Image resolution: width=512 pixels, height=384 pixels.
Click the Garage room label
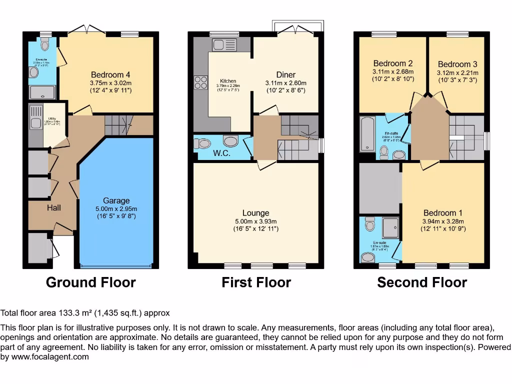click(116, 200)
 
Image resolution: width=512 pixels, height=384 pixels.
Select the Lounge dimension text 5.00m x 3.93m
click(255, 221)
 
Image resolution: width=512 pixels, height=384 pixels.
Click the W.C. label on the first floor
click(221, 153)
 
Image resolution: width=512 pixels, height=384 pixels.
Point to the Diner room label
click(285, 75)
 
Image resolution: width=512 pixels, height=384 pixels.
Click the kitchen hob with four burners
click(201, 82)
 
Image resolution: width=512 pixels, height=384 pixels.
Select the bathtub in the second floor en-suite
click(367, 133)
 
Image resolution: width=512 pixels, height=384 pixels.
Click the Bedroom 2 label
click(392, 63)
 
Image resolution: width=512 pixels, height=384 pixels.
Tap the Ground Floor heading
click(90, 282)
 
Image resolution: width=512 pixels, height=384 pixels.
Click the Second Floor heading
click(421, 282)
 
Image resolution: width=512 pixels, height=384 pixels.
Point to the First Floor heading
click(256, 282)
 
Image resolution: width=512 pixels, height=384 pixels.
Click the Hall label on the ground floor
click(54, 207)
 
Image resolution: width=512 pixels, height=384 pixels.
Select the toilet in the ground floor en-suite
click(45, 45)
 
